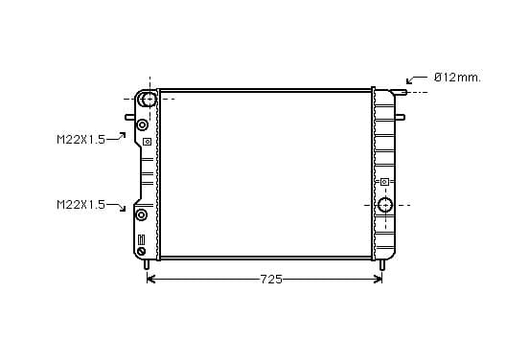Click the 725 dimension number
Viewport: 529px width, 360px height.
pos(271,280)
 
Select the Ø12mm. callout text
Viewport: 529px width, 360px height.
pos(457,78)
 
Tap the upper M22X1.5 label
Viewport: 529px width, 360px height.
pos(80,140)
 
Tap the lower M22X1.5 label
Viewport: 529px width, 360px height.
pos(80,205)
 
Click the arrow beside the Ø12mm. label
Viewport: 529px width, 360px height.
pos(416,79)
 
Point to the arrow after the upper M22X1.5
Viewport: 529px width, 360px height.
pos(116,137)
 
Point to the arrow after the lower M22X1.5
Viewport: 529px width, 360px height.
pos(116,207)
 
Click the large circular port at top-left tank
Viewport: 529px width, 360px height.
pos(149,100)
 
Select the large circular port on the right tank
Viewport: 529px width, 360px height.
pos(385,205)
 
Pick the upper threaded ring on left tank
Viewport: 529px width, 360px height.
pos(142,125)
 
